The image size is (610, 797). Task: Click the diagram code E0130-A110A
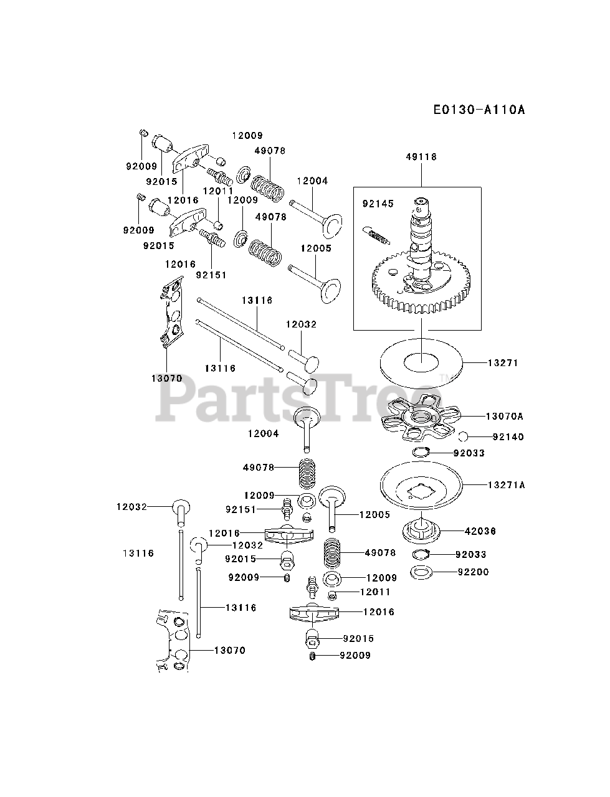pyautogui.click(x=480, y=110)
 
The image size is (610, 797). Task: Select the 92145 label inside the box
pyautogui.click(x=378, y=204)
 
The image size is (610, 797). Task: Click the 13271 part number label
pyautogui.click(x=503, y=362)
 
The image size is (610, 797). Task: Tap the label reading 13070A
pyautogui.click(x=505, y=416)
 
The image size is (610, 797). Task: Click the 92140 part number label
pyautogui.click(x=508, y=436)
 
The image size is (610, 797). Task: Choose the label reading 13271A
pyautogui.click(x=507, y=484)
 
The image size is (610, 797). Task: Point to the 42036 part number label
pyautogui.click(x=480, y=531)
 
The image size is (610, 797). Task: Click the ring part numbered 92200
pyautogui.click(x=422, y=572)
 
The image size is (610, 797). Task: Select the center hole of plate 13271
pyautogui.click(x=421, y=360)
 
